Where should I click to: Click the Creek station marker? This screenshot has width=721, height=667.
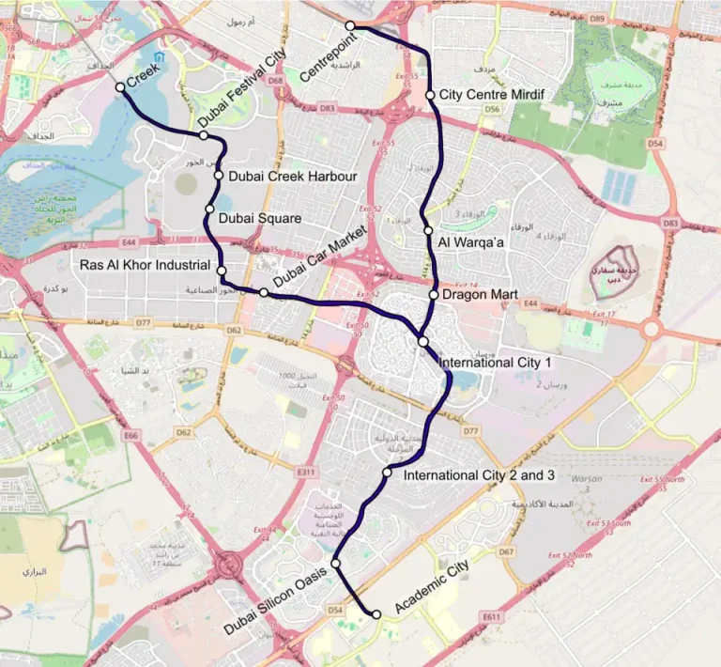[x=120, y=87]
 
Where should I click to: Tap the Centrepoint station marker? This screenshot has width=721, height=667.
[x=349, y=25]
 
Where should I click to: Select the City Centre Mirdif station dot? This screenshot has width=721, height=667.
[x=430, y=95]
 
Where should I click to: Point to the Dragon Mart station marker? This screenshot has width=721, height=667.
[x=434, y=295]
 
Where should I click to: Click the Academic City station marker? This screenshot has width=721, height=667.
[x=376, y=614]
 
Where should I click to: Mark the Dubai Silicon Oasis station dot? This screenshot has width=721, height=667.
[x=335, y=564]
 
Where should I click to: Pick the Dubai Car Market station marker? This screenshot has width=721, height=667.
[x=264, y=293]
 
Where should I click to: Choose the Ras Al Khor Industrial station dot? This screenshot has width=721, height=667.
[x=222, y=271]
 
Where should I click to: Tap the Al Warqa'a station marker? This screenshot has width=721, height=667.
[x=428, y=230]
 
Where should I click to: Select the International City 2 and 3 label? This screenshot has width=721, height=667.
[x=480, y=476]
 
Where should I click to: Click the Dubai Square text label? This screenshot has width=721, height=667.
[x=259, y=218]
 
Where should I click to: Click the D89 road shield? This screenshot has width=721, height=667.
[x=622, y=18]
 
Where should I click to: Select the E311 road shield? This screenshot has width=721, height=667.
[x=304, y=471]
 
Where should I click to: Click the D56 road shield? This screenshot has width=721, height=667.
[x=492, y=110]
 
